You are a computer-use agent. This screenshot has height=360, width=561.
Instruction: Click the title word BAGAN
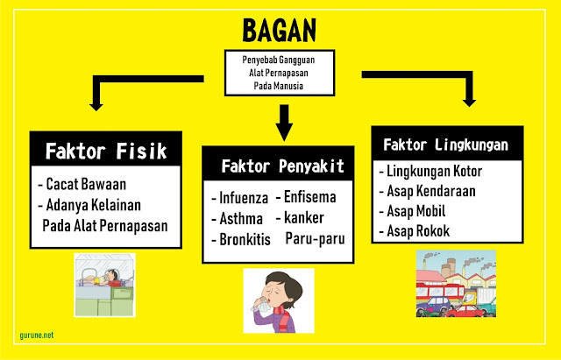[x=279, y=31]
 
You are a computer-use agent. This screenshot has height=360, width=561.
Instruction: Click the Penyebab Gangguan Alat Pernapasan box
[x=280, y=73]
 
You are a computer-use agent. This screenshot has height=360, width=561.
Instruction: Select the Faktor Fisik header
[x=106, y=151]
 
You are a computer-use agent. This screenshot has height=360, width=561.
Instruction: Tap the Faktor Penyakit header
[x=279, y=166]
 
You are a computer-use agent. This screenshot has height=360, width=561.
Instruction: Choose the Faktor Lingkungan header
[x=447, y=145]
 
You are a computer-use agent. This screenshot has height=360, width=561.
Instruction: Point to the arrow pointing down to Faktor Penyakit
[x=284, y=123]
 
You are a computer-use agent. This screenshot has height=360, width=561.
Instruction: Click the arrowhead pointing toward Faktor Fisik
[x=96, y=107]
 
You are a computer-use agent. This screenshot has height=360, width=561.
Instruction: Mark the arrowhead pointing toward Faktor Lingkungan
[x=469, y=102]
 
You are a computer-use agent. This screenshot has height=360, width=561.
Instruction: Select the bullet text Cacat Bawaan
[x=86, y=184]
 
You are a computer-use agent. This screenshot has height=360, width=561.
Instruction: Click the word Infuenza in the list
[x=244, y=198]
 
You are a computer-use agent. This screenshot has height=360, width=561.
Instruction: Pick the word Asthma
[x=241, y=218]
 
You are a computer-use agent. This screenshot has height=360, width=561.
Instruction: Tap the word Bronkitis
[x=245, y=239]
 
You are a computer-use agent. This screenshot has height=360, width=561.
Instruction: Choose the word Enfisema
[x=309, y=197]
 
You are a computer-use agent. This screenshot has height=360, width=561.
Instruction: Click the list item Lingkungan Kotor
[x=435, y=171]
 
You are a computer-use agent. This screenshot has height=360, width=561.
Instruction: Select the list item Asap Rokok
[x=418, y=231]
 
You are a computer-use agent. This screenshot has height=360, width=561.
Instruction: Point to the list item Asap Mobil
[x=416, y=211]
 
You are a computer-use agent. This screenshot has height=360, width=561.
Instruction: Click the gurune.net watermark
[x=37, y=335]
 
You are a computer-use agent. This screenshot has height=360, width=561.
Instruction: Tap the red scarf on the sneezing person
[x=283, y=316]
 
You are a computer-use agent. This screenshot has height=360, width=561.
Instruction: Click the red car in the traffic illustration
[x=465, y=311]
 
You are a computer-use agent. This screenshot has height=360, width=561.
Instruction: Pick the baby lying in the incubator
[x=103, y=278]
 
